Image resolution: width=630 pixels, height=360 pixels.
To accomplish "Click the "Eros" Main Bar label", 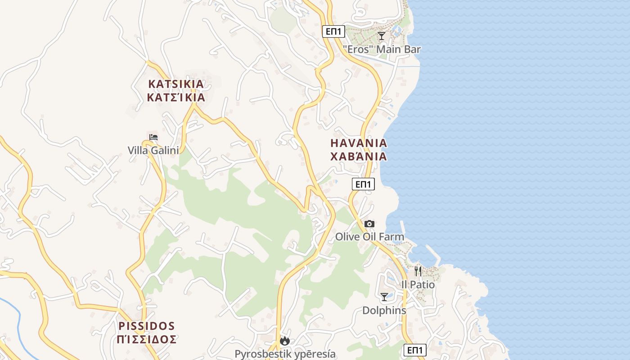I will pyautogui.click(x=382, y=49).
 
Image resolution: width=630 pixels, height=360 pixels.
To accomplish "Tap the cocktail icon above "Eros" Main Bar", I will pyautogui.click(x=382, y=36).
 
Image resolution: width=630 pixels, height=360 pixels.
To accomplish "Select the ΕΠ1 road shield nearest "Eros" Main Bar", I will pyautogui.click(x=334, y=31).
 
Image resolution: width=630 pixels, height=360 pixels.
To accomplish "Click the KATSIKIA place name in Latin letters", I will pyautogui.click(x=176, y=84).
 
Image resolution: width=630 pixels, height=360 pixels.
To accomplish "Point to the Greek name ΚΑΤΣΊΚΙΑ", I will pyautogui.click(x=176, y=97).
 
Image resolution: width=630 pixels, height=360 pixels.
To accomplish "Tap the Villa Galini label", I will pyautogui.click(x=153, y=150).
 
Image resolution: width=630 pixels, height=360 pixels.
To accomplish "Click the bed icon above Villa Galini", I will pyautogui.click(x=153, y=137).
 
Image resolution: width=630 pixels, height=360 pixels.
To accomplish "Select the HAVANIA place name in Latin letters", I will pyautogui.click(x=359, y=143).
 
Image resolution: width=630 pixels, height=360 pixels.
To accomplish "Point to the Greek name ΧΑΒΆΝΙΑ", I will pyautogui.click(x=359, y=157).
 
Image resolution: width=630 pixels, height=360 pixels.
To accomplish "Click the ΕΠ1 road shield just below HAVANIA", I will pyautogui.click(x=363, y=184).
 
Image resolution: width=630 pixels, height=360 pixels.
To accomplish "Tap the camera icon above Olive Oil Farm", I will pyautogui.click(x=369, y=224).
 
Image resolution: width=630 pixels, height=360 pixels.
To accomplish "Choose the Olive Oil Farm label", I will pyautogui.click(x=369, y=237).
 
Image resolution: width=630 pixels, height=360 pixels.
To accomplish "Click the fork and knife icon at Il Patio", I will pyautogui.click(x=418, y=271).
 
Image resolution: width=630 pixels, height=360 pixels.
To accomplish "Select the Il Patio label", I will pyautogui.click(x=418, y=285).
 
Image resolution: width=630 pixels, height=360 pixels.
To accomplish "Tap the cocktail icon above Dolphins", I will pyautogui.click(x=384, y=297).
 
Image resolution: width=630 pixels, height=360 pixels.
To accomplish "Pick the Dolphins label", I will pyautogui.click(x=384, y=310).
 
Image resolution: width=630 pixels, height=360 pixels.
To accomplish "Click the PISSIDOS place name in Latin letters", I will pyautogui.click(x=147, y=325).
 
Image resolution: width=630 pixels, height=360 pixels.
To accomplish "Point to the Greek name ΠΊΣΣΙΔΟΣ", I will pyautogui.click(x=147, y=339).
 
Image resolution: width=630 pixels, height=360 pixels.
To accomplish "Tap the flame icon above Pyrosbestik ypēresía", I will pyautogui.click(x=284, y=341).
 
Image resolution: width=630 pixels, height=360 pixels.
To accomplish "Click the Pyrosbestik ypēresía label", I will pyautogui.click(x=285, y=354).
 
